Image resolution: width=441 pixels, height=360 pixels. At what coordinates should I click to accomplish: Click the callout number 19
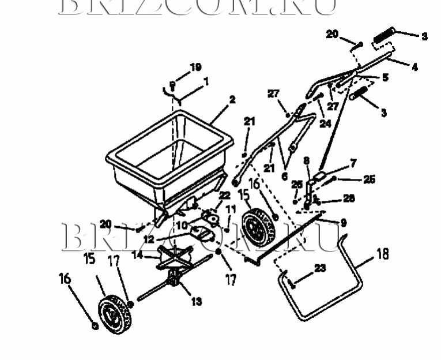(x=195, y=67)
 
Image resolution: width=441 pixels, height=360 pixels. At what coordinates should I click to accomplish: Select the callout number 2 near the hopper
(x=232, y=99)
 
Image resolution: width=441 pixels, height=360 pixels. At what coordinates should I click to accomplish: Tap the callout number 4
(x=414, y=67)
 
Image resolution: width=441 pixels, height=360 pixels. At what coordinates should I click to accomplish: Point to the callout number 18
(x=383, y=253)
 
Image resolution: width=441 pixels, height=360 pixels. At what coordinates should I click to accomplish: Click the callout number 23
(x=321, y=268)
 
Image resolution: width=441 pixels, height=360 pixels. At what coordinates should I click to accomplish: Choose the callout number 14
(x=137, y=254)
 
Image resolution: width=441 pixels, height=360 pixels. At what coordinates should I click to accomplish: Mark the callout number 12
(x=149, y=238)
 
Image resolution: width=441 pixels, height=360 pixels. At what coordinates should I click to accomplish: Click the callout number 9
(x=344, y=222)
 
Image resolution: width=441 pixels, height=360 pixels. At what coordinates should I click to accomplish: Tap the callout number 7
(x=353, y=163)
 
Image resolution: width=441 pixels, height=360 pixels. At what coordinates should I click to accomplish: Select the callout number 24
(x=325, y=123)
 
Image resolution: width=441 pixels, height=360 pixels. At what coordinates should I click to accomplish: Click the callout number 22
(x=224, y=196)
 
